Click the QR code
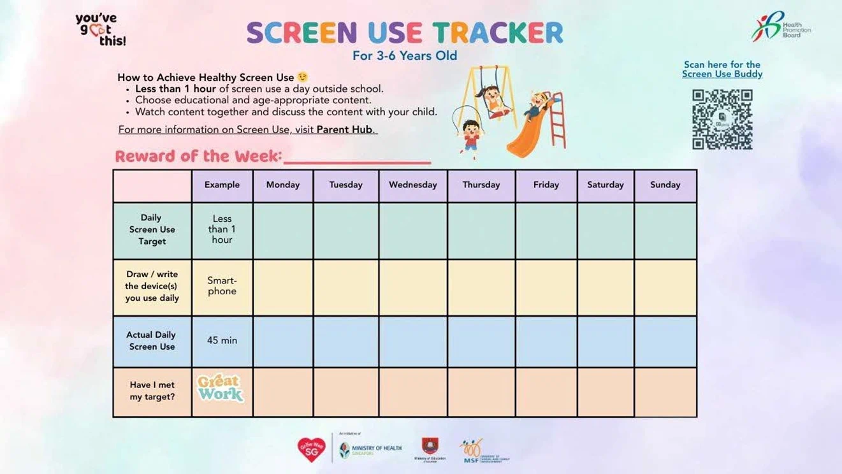click(x=722, y=119)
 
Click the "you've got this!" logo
click(x=101, y=29)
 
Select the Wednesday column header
click(x=413, y=185)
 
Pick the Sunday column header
click(x=665, y=185)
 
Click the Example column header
click(x=222, y=185)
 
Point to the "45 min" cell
click(x=222, y=341)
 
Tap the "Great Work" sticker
click(x=221, y=388)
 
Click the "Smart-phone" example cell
click(x=222, y=286)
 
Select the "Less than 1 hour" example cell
click(x=222, y=229)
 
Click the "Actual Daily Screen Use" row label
click(x=152, y=341)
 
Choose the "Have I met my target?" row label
click(x=152, y=391)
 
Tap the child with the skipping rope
click(x=471, y=134)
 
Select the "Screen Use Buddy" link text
click(x=722, y=74)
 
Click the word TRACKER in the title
click(x=498, y=33)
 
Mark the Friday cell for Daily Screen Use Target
click(x=546, y=231)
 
